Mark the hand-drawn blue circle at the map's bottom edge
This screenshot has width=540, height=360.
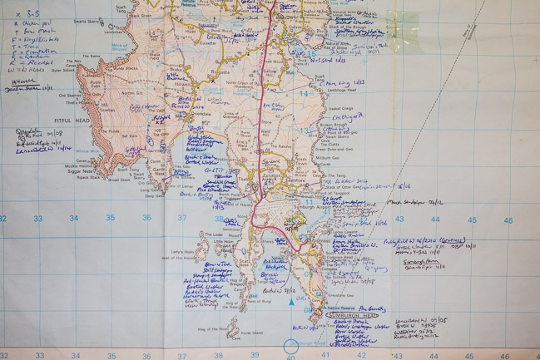coord(291,348)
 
